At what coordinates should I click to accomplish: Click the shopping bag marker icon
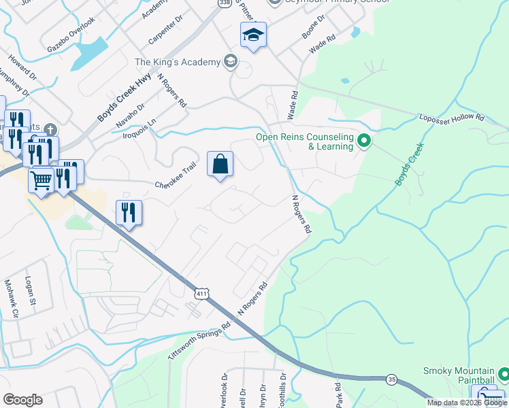tap(220, 165)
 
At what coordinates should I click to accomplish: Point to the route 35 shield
tap(391, 379)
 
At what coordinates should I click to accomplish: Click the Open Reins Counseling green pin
tap(364, 141)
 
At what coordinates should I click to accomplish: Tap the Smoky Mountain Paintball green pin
tap(504, 375)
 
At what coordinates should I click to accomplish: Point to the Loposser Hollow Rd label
tap(451, 117)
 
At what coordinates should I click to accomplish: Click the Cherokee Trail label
tap(175, 179)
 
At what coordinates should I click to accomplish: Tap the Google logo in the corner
tap(22, 400)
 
